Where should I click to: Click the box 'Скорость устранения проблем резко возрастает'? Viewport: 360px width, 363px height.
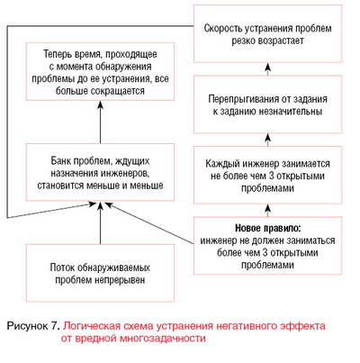[x=267, y=33]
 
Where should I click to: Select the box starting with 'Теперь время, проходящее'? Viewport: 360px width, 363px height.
[x=100, y=71]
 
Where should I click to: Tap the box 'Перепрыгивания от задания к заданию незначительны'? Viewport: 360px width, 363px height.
[x=267, y=104]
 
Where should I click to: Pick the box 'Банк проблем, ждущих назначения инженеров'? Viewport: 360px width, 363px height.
[x=100, y=172]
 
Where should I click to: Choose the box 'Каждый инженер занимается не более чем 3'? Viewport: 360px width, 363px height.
[x=267, y=175]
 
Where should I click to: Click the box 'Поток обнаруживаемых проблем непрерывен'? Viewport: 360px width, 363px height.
[x=100, y=273]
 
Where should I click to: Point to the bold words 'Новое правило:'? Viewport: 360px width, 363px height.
[x=267, y=228]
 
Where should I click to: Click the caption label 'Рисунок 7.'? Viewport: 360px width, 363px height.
[x=32, y=326]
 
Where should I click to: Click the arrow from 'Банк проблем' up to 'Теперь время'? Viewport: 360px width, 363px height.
[x=101, y=122]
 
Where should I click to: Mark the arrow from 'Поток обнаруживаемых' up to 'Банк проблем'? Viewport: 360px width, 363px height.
[x=101, y=222]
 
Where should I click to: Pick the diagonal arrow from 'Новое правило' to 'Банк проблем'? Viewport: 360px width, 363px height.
[x=149, y=223]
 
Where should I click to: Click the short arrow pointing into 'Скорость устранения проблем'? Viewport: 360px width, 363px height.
[x=268, y=69]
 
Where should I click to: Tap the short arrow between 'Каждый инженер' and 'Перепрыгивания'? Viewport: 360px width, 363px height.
[x=268, y=140]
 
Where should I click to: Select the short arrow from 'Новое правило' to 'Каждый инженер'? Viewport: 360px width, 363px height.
[x=268, y=210]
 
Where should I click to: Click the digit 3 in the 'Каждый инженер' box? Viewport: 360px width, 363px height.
[x=271, y=176]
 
